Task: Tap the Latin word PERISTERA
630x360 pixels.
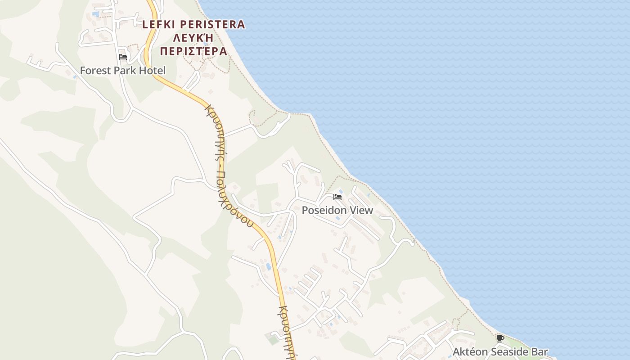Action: [212, 24]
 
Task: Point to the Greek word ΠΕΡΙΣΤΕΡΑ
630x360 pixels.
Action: [193, 51]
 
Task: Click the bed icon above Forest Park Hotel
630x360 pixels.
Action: [123, 57]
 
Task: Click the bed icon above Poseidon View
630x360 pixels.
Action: [337, 197]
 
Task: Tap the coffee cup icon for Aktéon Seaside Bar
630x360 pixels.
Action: [500, 338]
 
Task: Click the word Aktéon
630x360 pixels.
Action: [469, 352]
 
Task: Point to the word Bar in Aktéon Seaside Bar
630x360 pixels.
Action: [540, 352]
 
